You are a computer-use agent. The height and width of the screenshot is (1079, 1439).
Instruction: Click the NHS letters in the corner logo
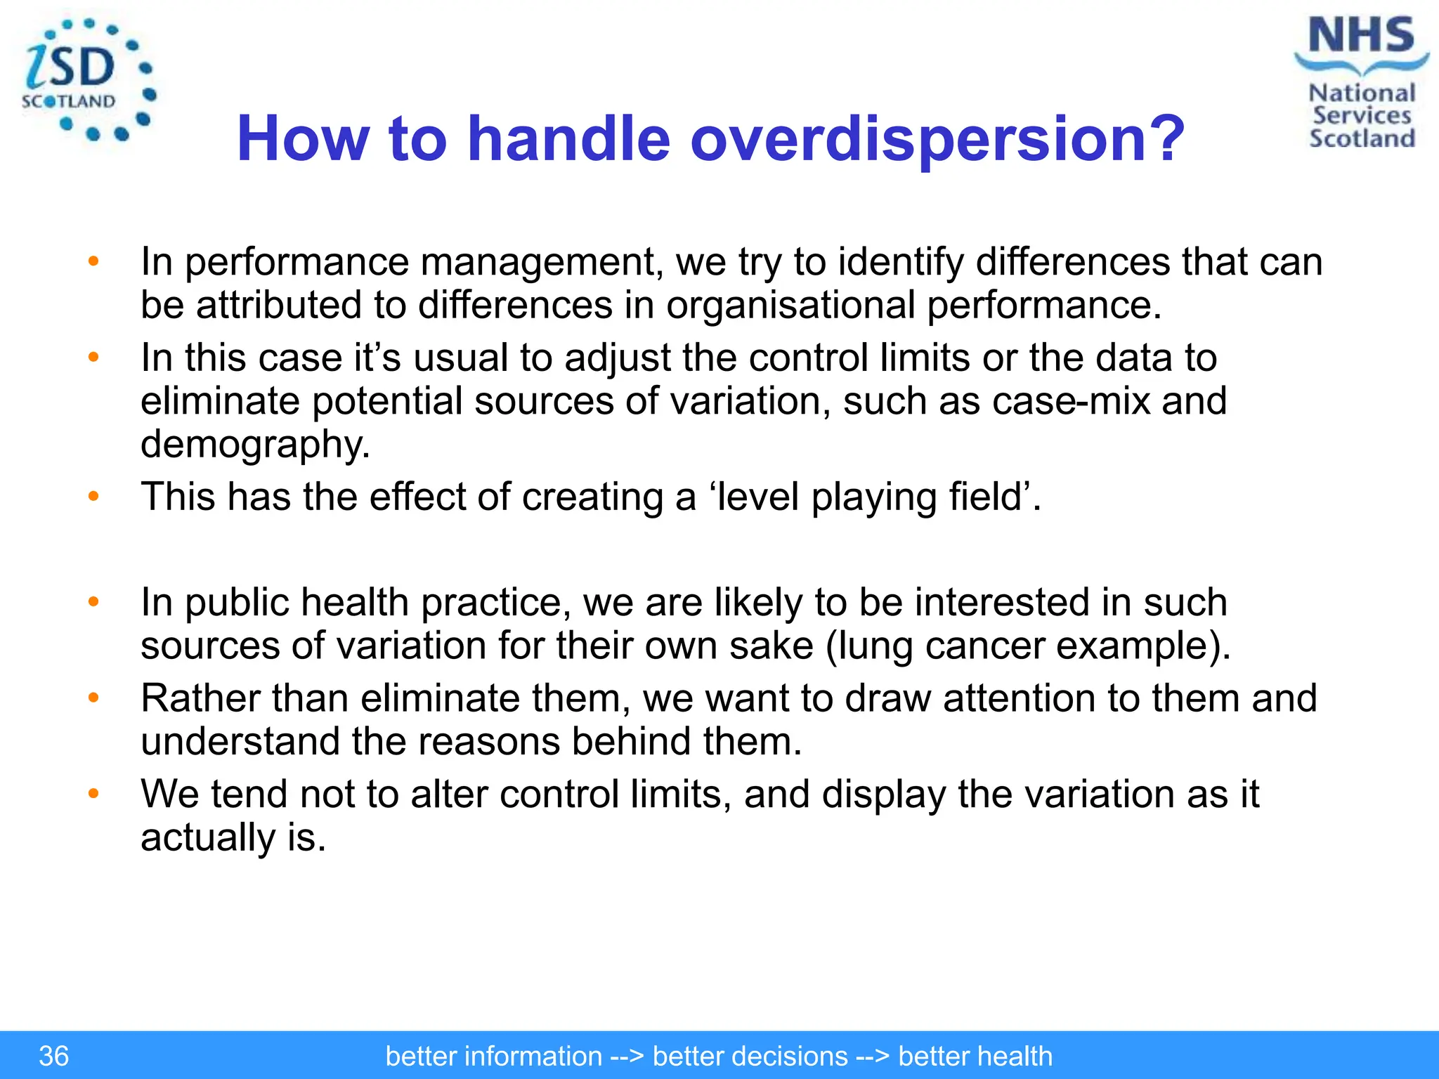click(1361, 35)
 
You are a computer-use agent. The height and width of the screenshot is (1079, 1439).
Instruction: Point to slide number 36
click(53, 1056)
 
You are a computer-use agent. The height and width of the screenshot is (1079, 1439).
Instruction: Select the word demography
click(254, 445)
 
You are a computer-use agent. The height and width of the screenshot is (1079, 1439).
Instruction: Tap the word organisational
click(790, 306)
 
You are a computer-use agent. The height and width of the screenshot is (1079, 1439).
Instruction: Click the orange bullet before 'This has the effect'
click(93, 497)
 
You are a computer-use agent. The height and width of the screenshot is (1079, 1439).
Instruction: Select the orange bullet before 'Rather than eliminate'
click(93, 698)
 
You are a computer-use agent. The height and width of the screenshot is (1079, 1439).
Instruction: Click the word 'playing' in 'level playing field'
click(873, 497)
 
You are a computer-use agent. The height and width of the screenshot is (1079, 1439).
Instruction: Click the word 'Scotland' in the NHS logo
click(1362, 138)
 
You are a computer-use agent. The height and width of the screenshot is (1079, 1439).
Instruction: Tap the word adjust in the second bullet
click(618, 358)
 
